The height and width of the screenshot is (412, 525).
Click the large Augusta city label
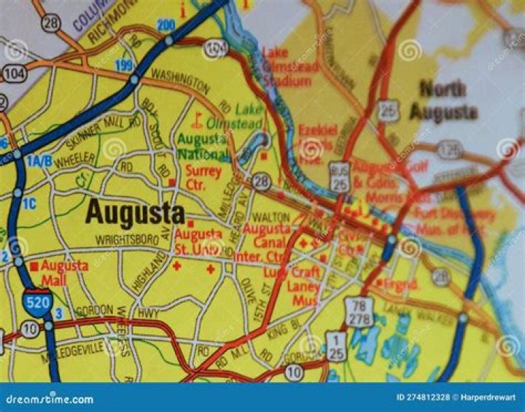(135, 214)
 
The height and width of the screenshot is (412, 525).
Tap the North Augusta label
(443, 101)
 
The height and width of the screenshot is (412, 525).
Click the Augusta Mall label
(65, 272)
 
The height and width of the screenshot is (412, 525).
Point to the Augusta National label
(203, 146)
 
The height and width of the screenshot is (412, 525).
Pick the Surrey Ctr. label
(203, 177)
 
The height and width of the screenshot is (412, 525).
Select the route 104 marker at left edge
(14, 73)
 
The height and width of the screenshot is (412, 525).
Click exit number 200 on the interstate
(166, 25)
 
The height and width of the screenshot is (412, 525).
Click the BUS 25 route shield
(339, 177)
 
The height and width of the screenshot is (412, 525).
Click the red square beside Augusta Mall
(34, 265)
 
